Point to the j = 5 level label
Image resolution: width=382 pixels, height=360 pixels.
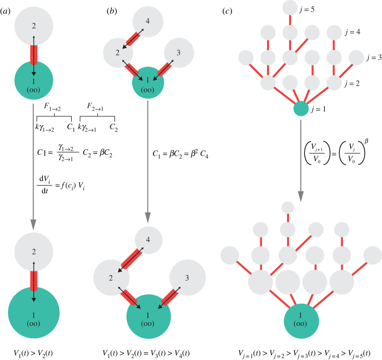(317, 9)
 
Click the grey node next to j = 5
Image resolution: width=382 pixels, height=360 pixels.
(290, 7)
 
